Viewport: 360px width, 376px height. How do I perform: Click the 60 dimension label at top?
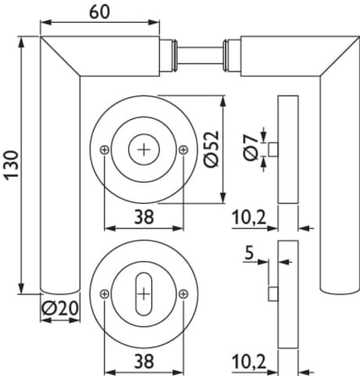tap(99, 12)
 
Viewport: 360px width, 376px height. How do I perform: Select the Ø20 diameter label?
tap(60, 308)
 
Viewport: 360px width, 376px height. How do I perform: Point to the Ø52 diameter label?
tap(211, 149)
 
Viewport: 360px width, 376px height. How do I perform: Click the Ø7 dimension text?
tap(250, 147)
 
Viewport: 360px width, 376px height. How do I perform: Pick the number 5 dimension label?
tap(250, 253)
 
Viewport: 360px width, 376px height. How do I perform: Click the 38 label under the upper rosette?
tap(144, 217)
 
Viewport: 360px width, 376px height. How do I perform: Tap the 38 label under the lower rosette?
tap(144, 361)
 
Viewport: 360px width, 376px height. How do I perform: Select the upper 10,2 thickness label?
tap(249, 218)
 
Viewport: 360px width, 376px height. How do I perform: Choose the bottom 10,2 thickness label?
tap(249, 362)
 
